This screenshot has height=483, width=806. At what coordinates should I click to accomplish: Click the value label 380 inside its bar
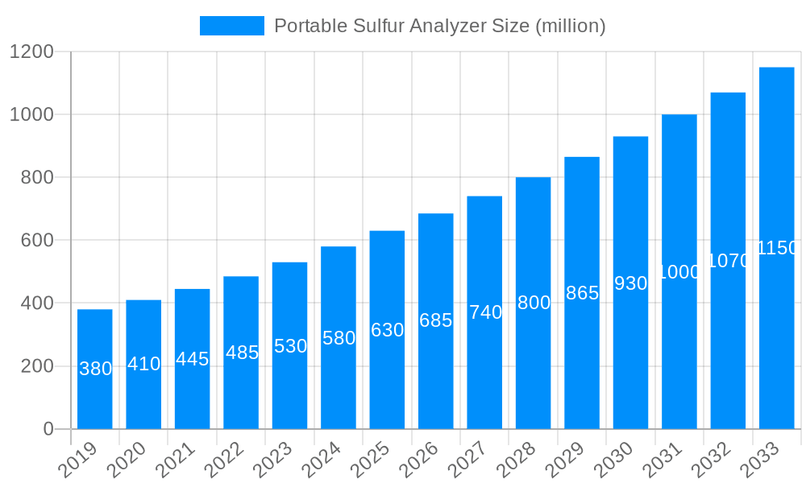pos(95,369)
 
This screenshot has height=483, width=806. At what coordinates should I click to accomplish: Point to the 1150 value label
pos(776,248)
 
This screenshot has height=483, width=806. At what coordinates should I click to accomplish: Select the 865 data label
pos(582,293)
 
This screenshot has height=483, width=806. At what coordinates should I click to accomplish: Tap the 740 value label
pos(484,312)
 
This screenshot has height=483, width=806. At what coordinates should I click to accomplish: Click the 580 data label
pos(339,338)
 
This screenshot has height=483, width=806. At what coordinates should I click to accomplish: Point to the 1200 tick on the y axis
pos(31,52)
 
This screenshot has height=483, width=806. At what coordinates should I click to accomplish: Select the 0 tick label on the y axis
pos(48,429)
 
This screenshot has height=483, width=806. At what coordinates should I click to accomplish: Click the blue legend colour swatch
pos(231,26)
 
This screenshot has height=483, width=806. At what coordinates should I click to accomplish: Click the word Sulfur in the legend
pos(381,26)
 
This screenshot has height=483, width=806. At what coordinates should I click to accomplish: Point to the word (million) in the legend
pos(570,26)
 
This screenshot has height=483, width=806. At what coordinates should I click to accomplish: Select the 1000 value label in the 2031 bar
pos(679,272)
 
